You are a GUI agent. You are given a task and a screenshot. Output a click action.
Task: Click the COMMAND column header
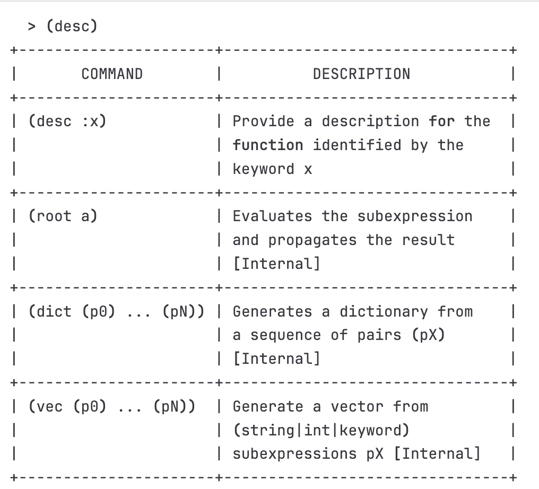(x=112, y=74)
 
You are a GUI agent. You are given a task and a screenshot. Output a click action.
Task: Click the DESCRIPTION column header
(x=362, y=74)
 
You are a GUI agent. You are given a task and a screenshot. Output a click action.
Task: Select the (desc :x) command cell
(x=67, y=121)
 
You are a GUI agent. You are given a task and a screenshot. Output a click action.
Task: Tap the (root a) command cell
(x=63, y=216)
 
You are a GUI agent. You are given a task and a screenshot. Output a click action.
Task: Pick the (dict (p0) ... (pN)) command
(x=117, y=312)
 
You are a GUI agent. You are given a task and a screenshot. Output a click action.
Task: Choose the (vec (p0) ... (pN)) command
(x=112, y=406)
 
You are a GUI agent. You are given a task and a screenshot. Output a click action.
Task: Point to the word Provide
(x=263, y=121)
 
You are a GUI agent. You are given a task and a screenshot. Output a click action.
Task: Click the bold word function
(x=268, y=145)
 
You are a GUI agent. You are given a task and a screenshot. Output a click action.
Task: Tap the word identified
(x=357, y=145)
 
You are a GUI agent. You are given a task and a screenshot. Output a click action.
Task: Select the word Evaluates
(x=272, y=216)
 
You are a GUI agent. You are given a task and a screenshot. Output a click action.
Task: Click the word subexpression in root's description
(x=415, y=217)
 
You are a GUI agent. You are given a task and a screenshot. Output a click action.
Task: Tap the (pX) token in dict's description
(x=428, y=335)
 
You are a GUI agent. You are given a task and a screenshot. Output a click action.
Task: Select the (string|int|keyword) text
(x=321, y=430)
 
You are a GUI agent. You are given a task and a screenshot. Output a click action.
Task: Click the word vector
(x=357, y=407)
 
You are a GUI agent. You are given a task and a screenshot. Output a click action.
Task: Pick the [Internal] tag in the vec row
(x=437, y=454)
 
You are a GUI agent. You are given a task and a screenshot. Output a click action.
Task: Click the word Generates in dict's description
(x=272, y=312)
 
